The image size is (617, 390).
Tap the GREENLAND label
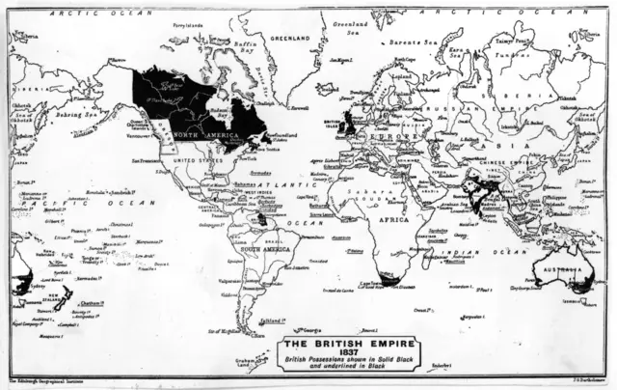click(291, 39)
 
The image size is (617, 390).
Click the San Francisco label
click(148, 161)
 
